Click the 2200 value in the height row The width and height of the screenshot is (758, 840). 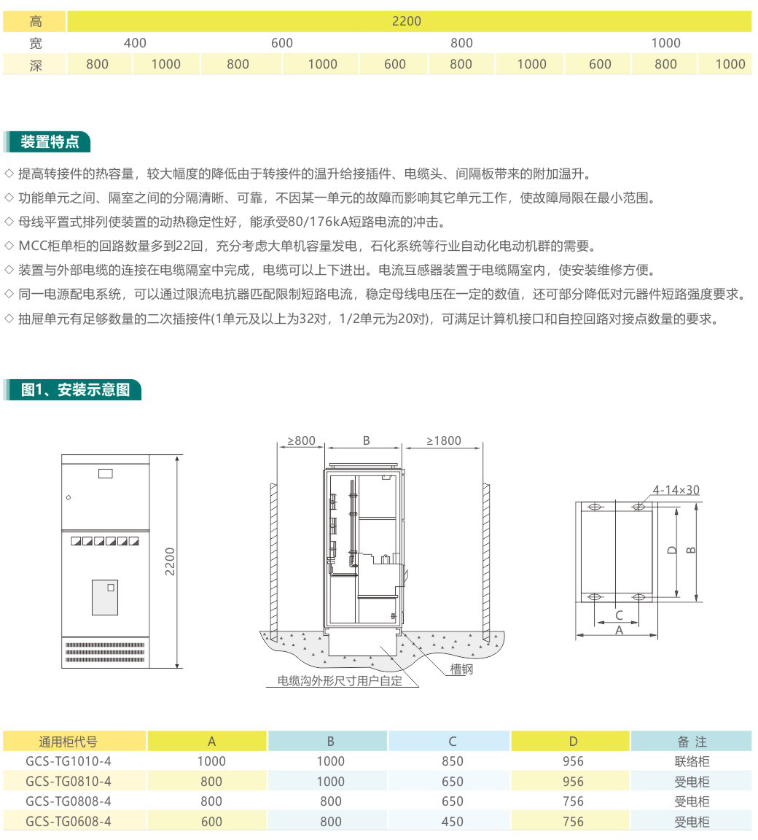[x=406, y=21]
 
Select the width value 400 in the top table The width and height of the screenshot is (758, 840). [x=135, y=43]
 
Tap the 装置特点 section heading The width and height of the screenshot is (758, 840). [x=50, y=142]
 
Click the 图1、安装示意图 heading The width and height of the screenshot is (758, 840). [x=76, y=389]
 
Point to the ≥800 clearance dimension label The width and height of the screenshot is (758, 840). [x=302, y=440]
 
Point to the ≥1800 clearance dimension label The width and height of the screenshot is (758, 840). [x=444, y=440]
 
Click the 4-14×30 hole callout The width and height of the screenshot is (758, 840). [x=676, y=490]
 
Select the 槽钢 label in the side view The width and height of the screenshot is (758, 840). [x=461, y=669]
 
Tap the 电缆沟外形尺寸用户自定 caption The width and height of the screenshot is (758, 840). [x=340, y=681]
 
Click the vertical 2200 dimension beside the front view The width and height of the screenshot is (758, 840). [x=170, y=561]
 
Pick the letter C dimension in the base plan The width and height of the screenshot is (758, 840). [x=619, y=615]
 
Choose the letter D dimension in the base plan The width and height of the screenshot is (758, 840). [x=672, y=551]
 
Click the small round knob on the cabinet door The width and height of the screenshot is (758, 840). [x=69, y=498]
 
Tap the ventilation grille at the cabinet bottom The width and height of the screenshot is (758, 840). [x=105, y=652]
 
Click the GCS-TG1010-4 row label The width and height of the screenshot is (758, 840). [x=69, y=761]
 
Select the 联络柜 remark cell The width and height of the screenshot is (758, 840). [x=692, y=761]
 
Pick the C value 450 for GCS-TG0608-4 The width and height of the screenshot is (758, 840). [x=453, y=822]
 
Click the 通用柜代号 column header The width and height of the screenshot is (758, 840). [x=68, y=742]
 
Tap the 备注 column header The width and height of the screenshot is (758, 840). [x=692, y=742]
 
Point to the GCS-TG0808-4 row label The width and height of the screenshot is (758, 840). [x=69, y=801]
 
